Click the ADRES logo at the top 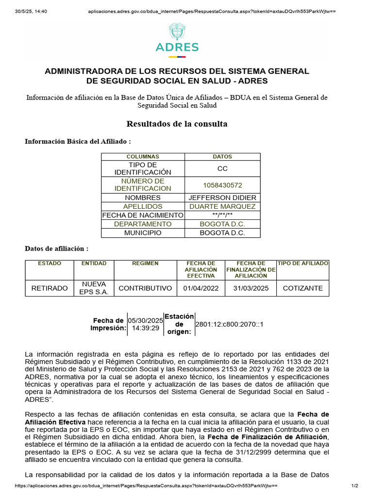pos(177,39)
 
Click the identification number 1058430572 pos(222,185)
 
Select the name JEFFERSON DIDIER pos(222,198)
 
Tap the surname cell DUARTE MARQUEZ pos(222,206)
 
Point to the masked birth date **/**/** pos(222,215)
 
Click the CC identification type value pos(222,168)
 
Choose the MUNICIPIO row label pos(143,232)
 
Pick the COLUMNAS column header pos(143,157)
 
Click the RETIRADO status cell pos(50,288)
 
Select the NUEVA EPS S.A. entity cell pos(94,288)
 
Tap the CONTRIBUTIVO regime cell pos(145,288)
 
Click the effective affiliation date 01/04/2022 pos(201,288)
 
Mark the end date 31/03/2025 pos(251,288)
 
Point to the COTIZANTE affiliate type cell pos(303,288)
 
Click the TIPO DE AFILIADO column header pos(303,263)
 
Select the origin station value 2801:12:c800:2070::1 pos(229,324)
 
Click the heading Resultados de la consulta pos(177,124)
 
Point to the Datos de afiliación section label pos(56,248)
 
